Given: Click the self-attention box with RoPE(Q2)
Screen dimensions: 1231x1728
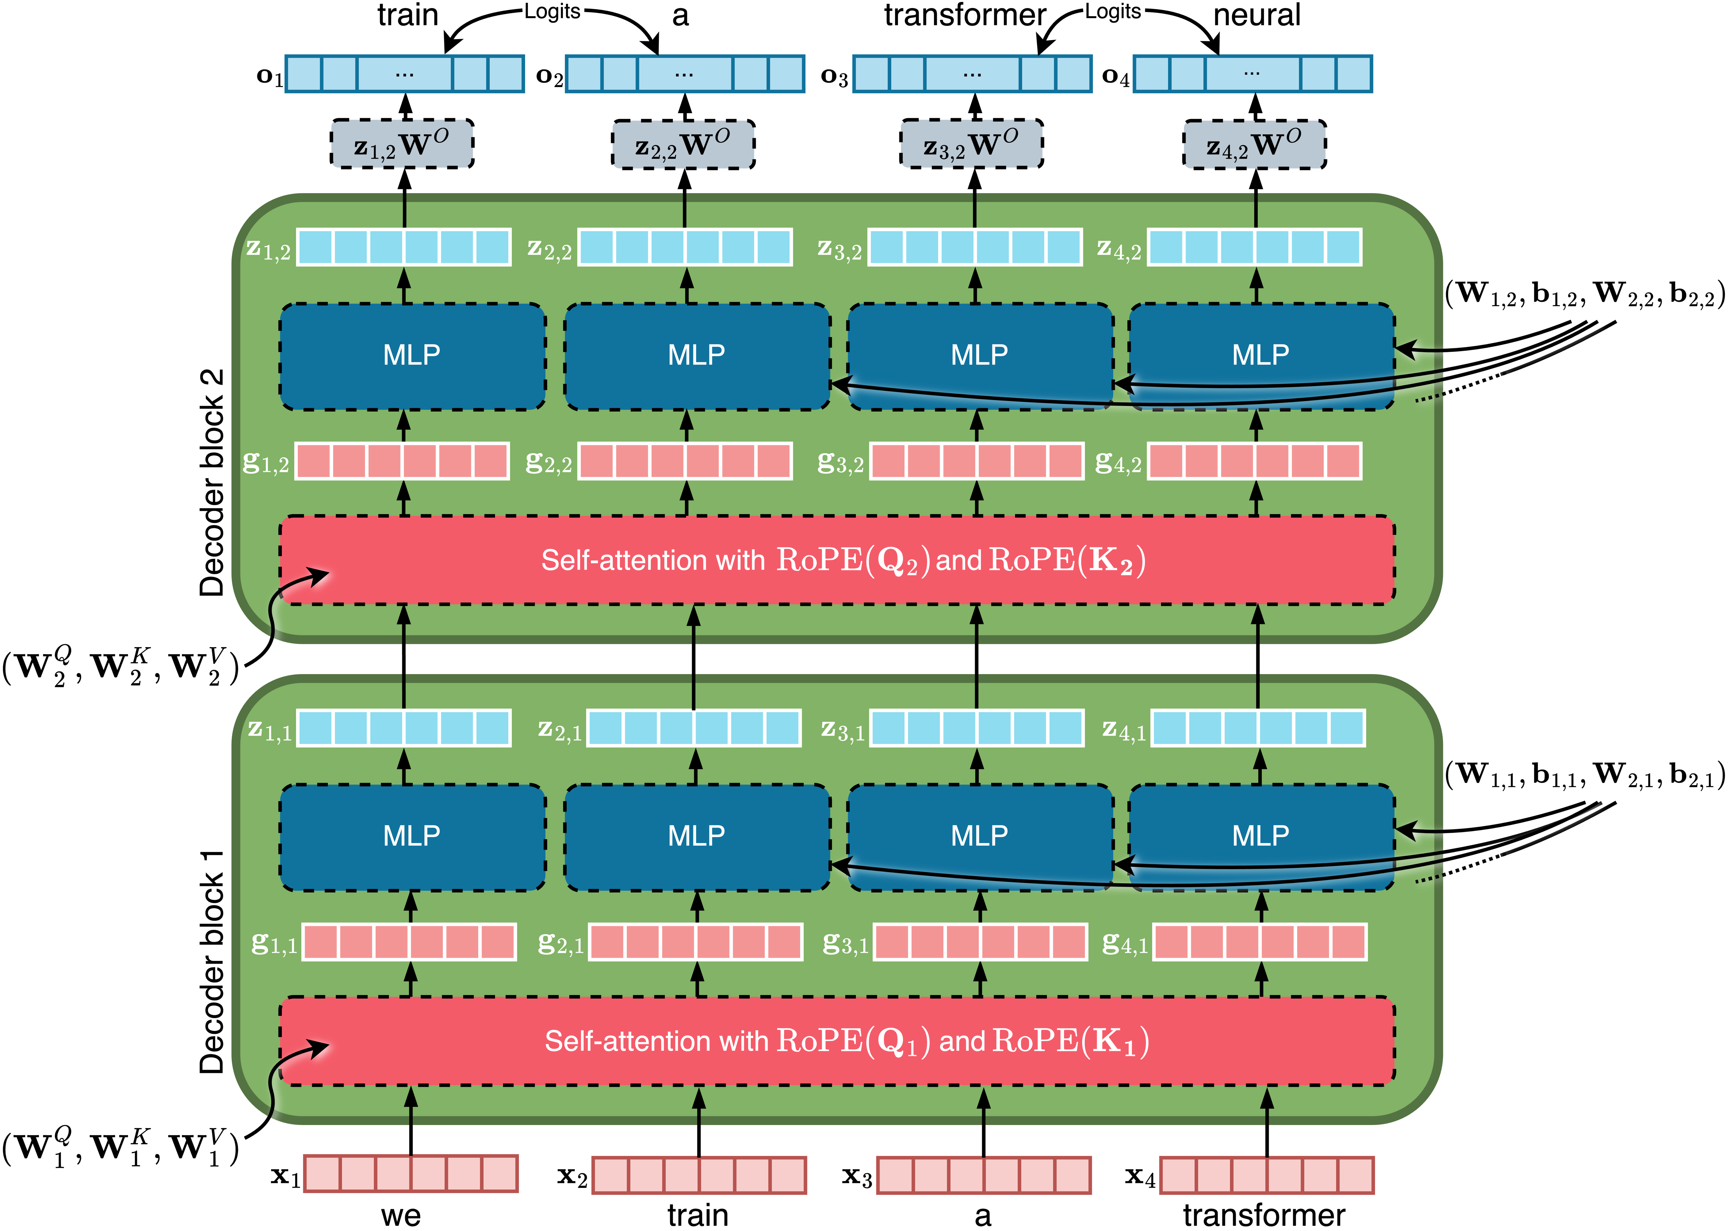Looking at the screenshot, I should tap(837, 560).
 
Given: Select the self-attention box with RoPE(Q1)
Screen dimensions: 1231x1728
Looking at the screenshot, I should tap(837, 1041).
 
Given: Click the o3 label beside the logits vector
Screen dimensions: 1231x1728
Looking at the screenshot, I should tap(835, 76).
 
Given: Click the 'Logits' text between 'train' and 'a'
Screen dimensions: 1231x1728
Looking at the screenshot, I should tap(552, 11).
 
